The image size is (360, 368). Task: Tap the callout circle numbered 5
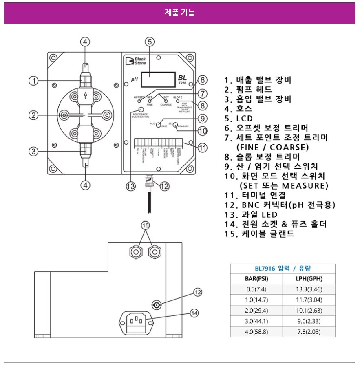click(x=150, y=42)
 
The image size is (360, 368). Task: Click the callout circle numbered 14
click(x=194, y=313)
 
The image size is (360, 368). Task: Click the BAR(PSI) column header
click(x=256, y=279)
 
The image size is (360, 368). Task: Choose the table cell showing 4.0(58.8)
click(x=256, y=332)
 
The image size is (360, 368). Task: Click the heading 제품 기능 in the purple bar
click(x=179, y=13)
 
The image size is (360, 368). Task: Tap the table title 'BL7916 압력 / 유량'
click(x=283, y=268)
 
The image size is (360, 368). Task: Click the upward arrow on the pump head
click(x=84, y=96)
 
